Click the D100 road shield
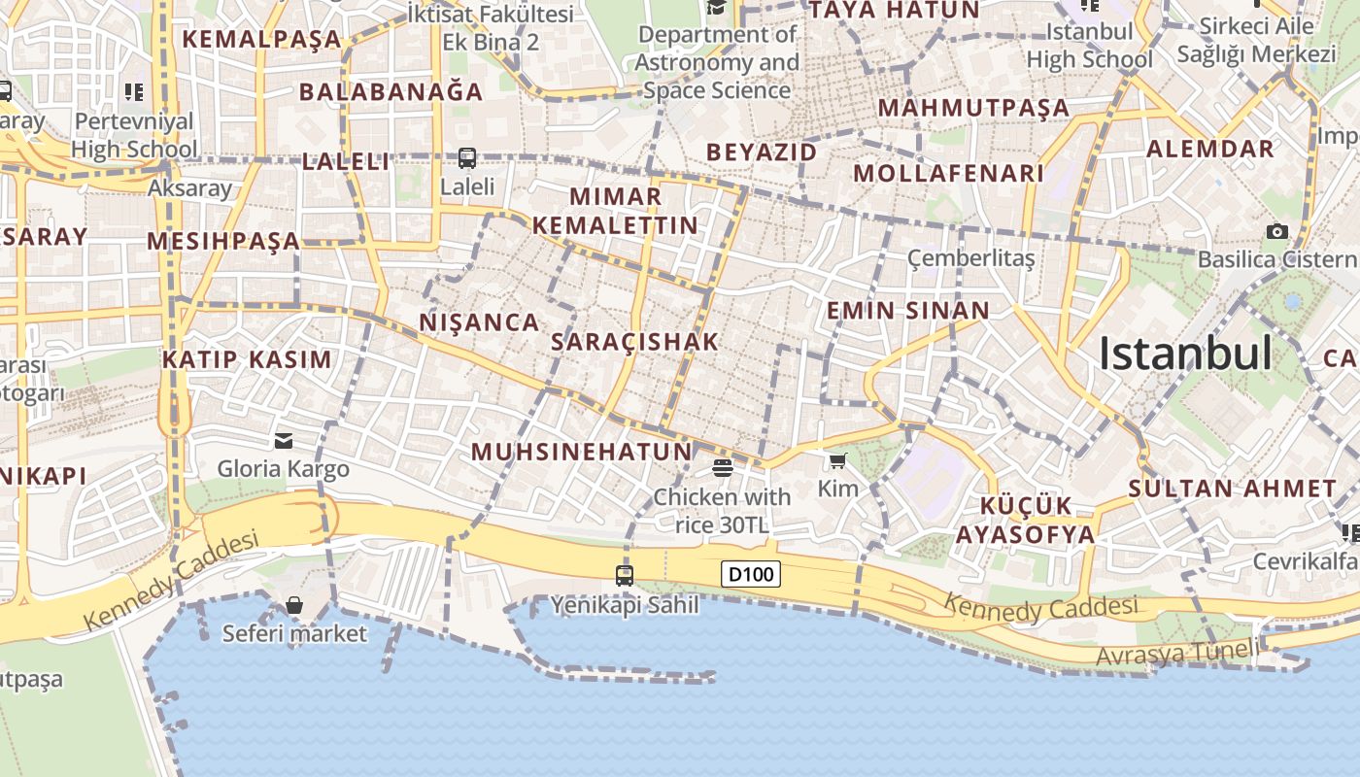[752, 574]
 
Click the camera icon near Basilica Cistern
[1276, 231]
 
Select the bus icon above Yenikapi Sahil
[625, 575]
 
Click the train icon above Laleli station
[467, 157]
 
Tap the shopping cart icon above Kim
[837, 460]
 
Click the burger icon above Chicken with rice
[722, 468]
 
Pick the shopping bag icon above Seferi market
[294, 606]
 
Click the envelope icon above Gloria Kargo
[284, 441]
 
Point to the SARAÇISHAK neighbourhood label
[634, 342]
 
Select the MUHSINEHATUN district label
[581, 452]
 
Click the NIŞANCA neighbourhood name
[479, 322]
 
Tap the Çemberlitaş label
[970, 258]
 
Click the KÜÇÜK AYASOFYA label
[1025, 521]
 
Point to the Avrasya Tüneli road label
[1177, 654]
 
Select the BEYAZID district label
[761, 152]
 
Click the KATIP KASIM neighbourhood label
[247, 359]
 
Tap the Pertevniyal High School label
[134, 136]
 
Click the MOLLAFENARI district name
[948, 174]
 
